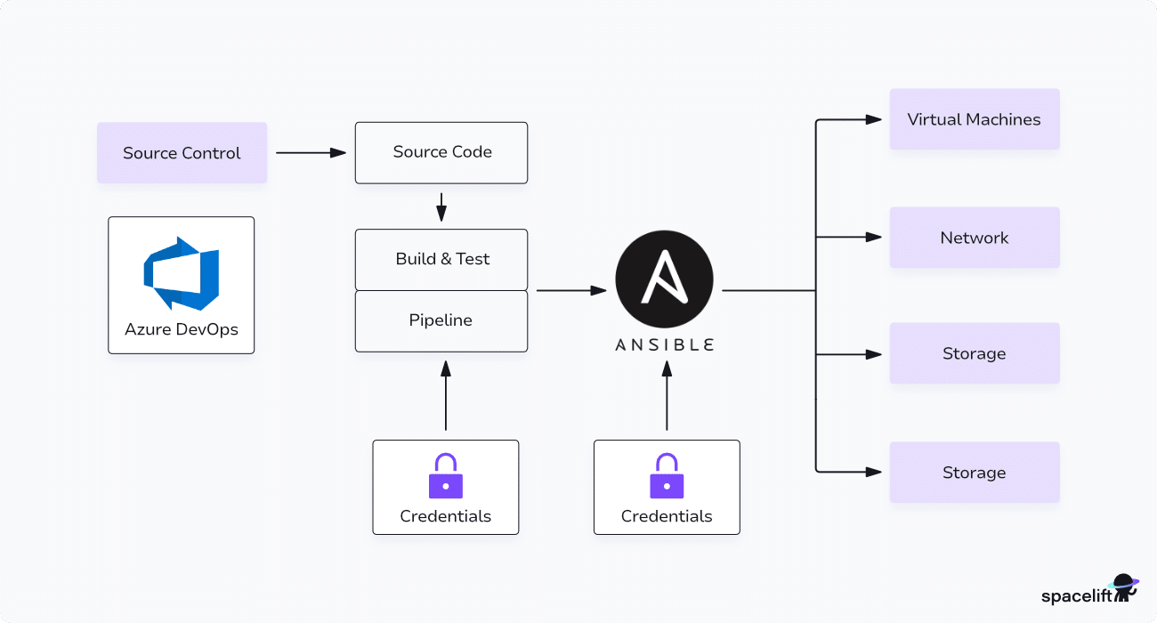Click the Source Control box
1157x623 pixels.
[x=182, y=153]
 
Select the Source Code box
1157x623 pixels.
[x=441, y=153]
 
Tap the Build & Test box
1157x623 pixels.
[x=441, y=259]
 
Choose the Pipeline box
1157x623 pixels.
[x=441, y=320]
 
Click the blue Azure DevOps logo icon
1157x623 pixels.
[x=182, y=273]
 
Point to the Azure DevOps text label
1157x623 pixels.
[x=182, y=329]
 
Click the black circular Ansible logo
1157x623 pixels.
[x=664, y=279]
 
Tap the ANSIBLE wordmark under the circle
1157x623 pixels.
[x=664, y=345]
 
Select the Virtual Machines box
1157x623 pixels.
[x=975, y=119]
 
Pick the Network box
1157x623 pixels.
[x=975, y=238]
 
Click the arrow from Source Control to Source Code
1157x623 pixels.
[x=311, y=153]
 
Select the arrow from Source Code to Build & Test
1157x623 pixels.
[x=441, y=207]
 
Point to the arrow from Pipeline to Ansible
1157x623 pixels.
[x=571, y=291]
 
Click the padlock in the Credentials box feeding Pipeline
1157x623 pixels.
[x=446, y=476]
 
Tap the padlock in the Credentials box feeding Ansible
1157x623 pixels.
[x=667, y=476]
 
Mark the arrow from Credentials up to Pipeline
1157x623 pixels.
[x=446, y=396]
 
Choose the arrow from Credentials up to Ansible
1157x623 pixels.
[x=667, y=396]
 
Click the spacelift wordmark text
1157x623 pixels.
[x=1076, y=596]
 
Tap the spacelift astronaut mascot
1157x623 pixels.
[x=1124, y=588]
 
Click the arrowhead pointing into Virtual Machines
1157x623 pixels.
[x=874, y=119]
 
